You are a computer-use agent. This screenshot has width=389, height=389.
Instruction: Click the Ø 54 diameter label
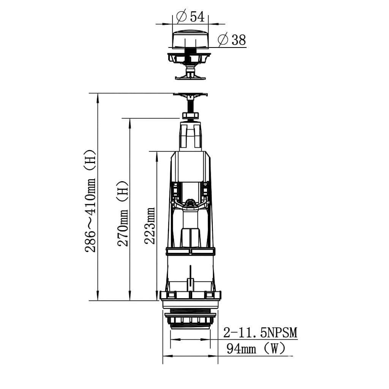pos(190,17)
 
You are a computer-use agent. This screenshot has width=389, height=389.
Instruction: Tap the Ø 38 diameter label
pos(232,40)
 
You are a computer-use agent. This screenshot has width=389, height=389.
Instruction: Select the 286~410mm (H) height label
pos(90,201)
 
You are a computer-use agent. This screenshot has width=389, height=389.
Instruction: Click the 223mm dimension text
pos(150,226)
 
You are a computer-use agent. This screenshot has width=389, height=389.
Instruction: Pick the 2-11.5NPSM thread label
pos(260,333)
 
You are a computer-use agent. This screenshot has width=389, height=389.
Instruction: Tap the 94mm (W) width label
pos(256,349)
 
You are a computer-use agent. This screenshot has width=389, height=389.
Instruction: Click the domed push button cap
pos(190,39)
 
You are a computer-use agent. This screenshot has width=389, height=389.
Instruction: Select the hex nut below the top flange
pos(191,115)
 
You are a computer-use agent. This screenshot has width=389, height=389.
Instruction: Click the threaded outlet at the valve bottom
pos(190,319)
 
